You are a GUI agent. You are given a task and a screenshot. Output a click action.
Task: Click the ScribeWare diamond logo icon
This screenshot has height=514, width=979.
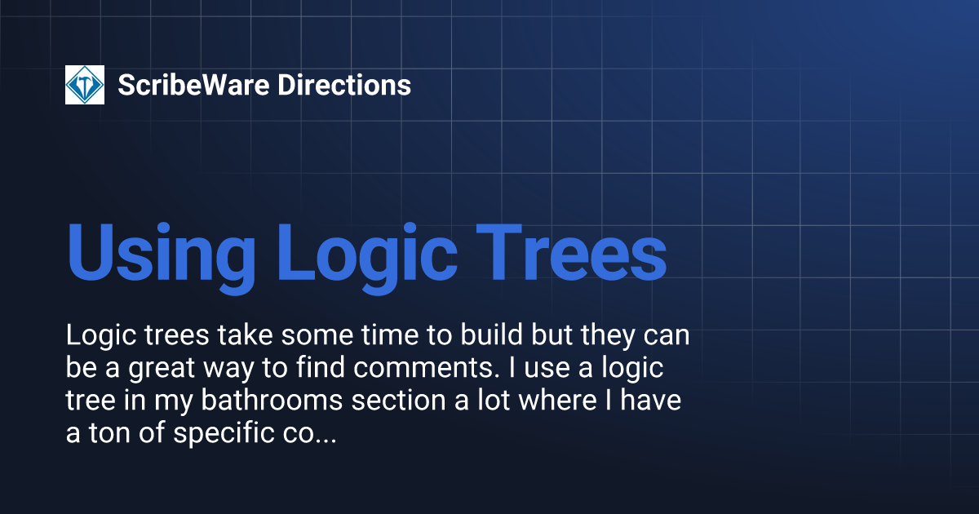[x=85, y=85]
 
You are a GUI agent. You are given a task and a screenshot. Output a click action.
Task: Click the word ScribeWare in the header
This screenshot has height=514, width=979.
[x=193, y=85]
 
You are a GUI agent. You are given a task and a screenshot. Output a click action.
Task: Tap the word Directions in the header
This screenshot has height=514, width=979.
[x=344, y=85]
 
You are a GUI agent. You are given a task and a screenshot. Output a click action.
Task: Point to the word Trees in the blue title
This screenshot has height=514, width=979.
[x=571, y=253]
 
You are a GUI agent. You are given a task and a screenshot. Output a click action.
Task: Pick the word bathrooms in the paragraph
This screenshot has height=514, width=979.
[x=272, y=400]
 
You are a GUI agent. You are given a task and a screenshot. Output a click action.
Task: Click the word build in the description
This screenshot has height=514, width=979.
[x=492, y=335]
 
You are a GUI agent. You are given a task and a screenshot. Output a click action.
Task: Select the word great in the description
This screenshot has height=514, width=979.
[x=162, y=368]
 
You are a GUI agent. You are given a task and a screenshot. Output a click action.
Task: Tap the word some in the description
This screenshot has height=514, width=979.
[x=317, y=335]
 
